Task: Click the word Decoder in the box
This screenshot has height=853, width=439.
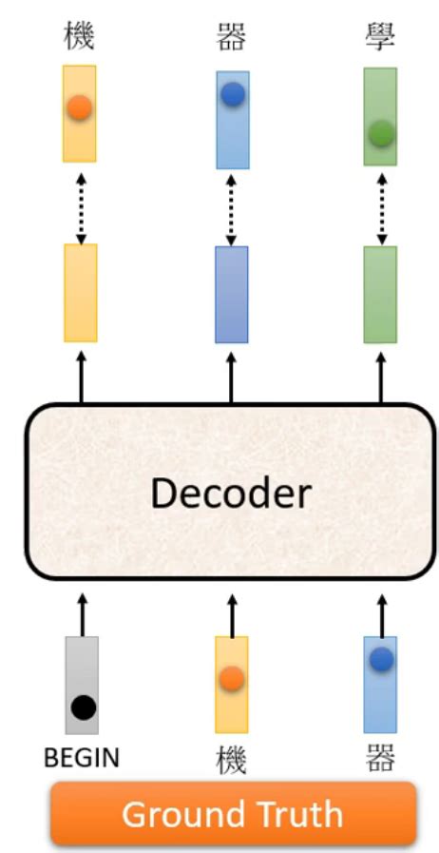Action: [x=231, y=493]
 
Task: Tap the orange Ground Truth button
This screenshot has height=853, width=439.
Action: [x=233, y=814]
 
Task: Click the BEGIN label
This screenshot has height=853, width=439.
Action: [x=82, y=758]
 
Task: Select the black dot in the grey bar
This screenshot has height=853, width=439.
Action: [x=84, y=707]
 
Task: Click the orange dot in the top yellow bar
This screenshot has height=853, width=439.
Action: [x=80, y=107]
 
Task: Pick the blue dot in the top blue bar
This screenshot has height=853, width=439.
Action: [x=233, y=94]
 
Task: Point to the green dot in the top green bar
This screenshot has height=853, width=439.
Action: [x=381, y=135]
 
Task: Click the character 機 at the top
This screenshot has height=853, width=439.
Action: [x=80, y=38]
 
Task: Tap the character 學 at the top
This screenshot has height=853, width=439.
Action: [x=381, y=38]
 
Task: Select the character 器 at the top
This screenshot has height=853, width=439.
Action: [x=233, y=38]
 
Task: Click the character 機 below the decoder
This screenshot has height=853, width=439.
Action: [x=231, y=762]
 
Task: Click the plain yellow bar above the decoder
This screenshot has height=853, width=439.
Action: [x=80, y=293]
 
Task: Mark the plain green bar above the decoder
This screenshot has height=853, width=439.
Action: [x=381, y=294]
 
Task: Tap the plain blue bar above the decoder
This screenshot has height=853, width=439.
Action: [x=232, y=294]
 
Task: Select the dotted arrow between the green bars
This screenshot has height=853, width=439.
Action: [x=381, y=206]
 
